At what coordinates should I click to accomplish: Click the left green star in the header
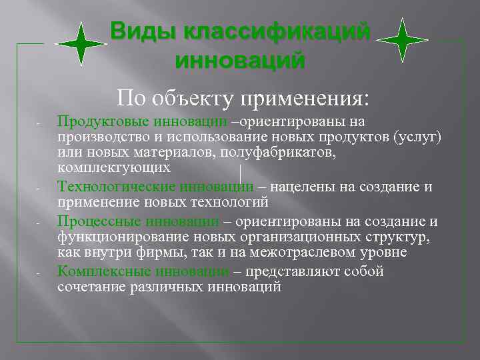[81, 44]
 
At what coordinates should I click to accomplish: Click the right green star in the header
[402, 40]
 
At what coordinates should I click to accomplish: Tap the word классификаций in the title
[273, 32]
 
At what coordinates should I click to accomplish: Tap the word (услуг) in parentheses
[417, 137]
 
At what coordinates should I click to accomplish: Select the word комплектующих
[114, 167]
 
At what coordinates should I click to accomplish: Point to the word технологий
[233, 202]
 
